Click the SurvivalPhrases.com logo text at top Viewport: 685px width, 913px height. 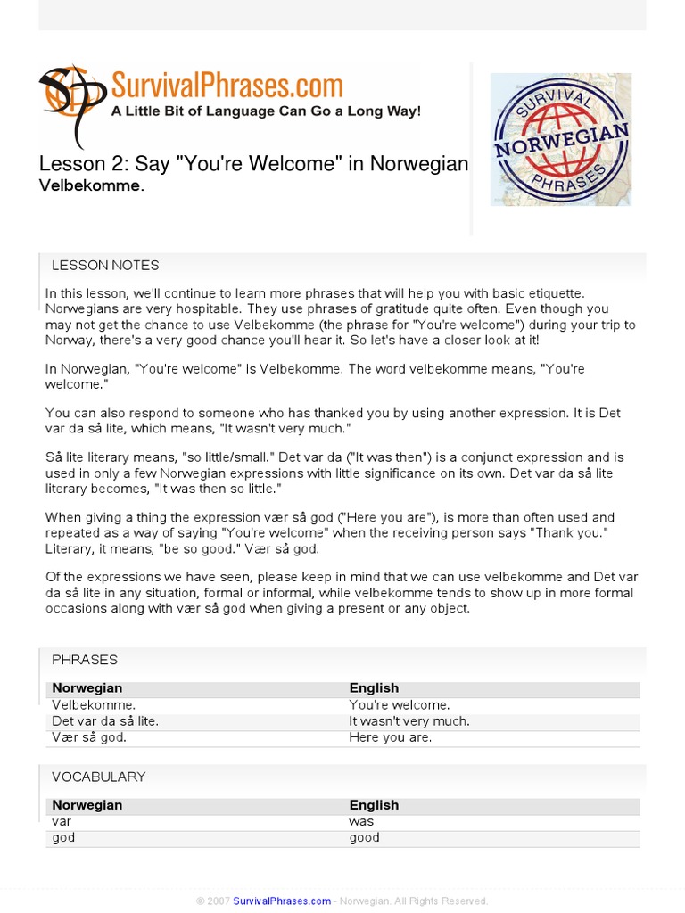point(227,86)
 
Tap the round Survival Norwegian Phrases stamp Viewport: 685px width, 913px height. point(561,139)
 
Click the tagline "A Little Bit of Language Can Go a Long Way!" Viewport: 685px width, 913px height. point(265,111)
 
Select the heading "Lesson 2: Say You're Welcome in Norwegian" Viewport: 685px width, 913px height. point(253,164)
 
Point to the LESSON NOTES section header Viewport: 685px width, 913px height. point(105,265)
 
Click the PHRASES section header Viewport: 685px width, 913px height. point(85,660)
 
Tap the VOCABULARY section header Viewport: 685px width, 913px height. point(98,777)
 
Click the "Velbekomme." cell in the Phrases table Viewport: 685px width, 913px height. point(94,704)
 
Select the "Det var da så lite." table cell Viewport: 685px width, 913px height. point(105,720)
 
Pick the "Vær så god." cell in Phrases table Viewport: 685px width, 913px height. point(89,737)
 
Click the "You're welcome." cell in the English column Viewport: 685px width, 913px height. point(400,704)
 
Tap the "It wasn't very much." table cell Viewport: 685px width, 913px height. point(409,720)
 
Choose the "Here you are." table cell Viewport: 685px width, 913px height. point(391,737)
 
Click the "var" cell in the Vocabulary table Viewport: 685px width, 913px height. point(62,821)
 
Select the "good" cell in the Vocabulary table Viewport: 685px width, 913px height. point(365,837)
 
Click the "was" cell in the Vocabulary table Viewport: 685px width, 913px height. point(361,821)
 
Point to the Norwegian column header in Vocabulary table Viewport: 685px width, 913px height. point(87,805)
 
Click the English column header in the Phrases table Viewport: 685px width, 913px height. point(374,688)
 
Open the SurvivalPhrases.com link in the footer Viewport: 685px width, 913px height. point(282,901)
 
